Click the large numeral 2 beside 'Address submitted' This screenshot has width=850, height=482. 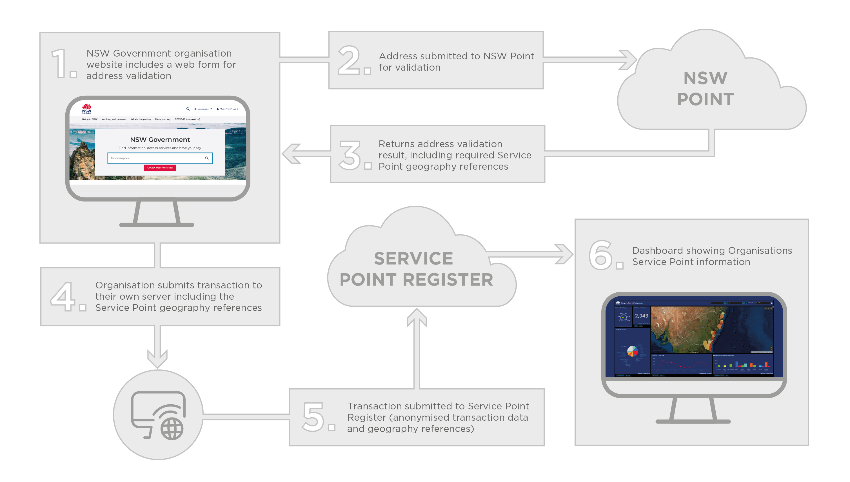click(x=349, y=60)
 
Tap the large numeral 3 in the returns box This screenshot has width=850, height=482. click(x=350, y=155)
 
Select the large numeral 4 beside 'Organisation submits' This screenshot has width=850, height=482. click(x=62, y=297)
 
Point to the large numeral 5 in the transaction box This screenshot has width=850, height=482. click(x=313, y=417)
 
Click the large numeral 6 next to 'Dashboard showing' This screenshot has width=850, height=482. click(x=600, y=255)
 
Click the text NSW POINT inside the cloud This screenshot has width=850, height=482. click(x=706, y=89)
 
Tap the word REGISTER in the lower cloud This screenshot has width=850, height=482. click(x=448, y=280)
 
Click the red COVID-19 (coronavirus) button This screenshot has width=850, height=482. click(x=160, y=168)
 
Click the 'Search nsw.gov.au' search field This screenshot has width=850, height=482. click(x=156, y=158)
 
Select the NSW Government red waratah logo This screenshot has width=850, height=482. click(x=86, y=108)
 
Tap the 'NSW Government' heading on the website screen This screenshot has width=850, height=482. click(x=160, y=140)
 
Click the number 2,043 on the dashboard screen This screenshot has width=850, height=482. click(x=641, y=316)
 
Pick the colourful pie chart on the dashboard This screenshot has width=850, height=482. click(x=632, y=351)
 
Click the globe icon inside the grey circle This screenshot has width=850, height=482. click(x=172, y=429)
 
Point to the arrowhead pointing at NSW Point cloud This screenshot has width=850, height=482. click(x=628, y=60)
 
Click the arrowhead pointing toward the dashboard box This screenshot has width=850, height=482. click(x=564, y=254)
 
